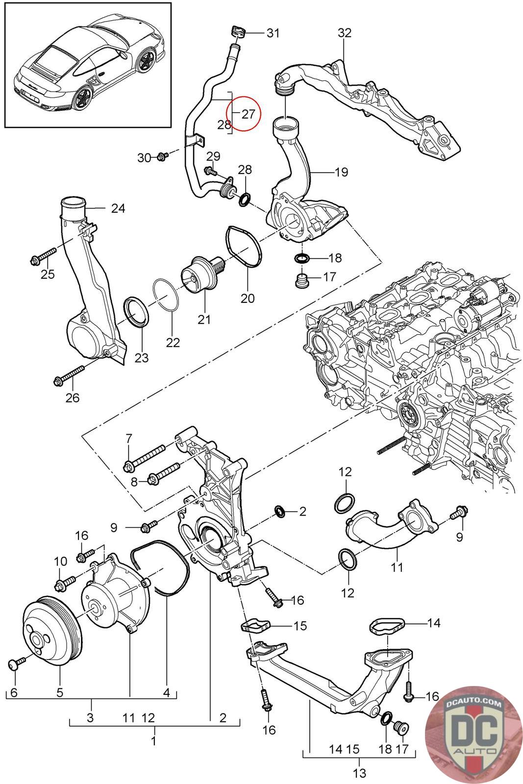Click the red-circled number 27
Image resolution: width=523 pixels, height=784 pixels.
click(248, 114)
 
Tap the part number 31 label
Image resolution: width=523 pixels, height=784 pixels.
click(273, 33)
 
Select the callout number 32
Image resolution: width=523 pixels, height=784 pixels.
click(345, 33)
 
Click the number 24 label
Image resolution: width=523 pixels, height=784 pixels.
click(118, 208)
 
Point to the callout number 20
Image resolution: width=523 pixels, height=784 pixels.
click(248, 297)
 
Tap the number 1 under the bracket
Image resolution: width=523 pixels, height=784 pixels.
click(153, 740)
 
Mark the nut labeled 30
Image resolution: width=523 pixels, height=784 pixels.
click(162, 157)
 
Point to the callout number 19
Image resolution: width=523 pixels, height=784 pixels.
click(341, 172)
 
